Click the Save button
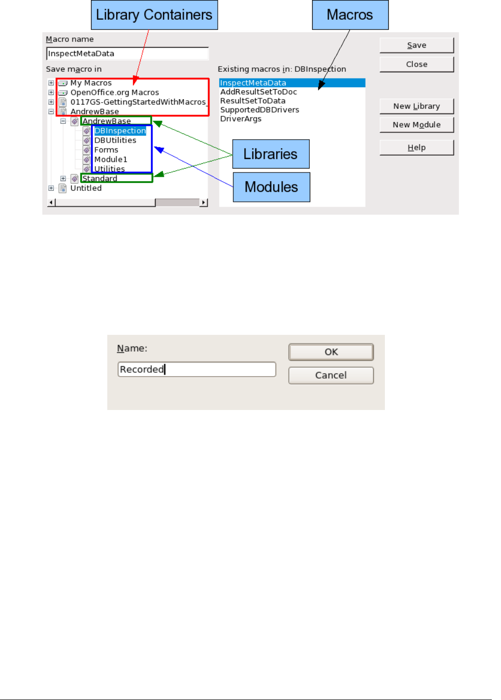click(x=416, y=45)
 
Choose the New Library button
click(x=416, y=106)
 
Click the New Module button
click(x=416, y=125)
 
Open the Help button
click(x=416, y=147)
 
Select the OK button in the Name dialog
click(x=331, y=352)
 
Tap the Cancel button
click(x=331, y=375)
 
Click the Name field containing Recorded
click(x=197, y=370)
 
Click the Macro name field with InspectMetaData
click(x=127, y=53)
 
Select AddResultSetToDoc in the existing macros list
click(x=258, y=92)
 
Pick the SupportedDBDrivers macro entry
click(x=260, y=110)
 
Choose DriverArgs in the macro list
click(x=241, y=119)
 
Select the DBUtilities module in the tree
click(x=115, y=140)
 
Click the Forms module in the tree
click(x=106, y=150)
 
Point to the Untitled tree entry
click(x=86, y=188)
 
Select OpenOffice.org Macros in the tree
click(x=115, y=92)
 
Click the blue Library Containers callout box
click(x=154, y=15)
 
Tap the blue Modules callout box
click(x=271, y=187)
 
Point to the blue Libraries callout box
click(x=271, y=154)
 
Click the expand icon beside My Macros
click(x=51, y=83)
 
